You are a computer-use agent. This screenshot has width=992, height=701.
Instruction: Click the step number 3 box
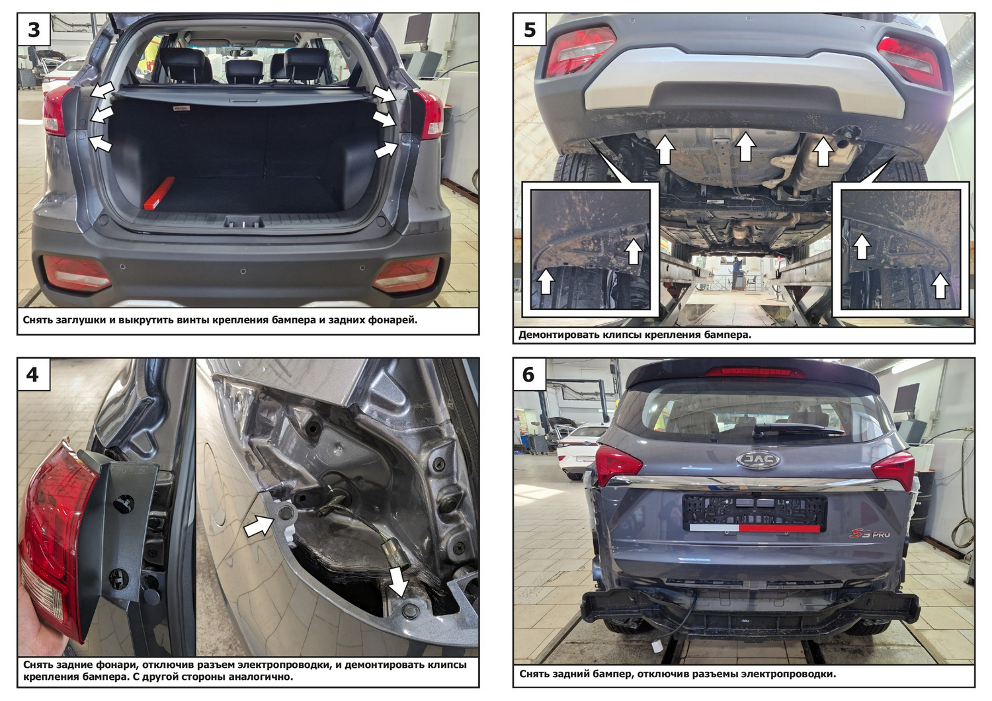(34, 29)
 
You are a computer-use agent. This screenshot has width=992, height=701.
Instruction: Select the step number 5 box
(530, 29)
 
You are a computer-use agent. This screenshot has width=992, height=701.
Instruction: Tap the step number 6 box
(530, 374)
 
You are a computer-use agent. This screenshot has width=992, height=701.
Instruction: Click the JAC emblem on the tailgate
(758, 459)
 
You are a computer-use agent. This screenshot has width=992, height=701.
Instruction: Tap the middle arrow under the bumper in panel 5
(745, 146)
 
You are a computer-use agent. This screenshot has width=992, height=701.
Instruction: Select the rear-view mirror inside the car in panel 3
(241, 53)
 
